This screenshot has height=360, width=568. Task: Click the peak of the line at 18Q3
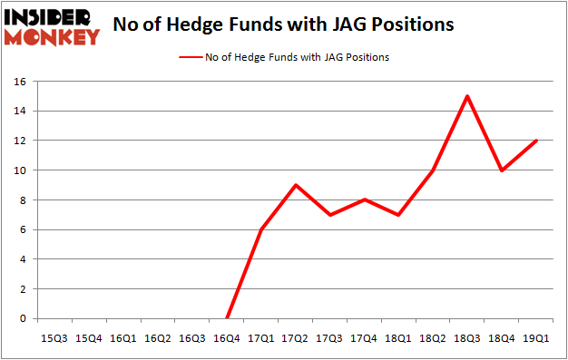click(465, 96)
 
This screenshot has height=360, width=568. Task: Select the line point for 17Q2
click(295, 185)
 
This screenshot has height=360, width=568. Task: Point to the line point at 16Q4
click(227, 318)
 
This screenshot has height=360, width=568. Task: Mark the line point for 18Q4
click(500, 170)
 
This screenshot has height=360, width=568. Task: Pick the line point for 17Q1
click(260, 229)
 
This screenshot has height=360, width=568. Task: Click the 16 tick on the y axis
click(20, 82)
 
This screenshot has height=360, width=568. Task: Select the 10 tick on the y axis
click(20, 170)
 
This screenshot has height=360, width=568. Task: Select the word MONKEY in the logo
click(52, 37)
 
